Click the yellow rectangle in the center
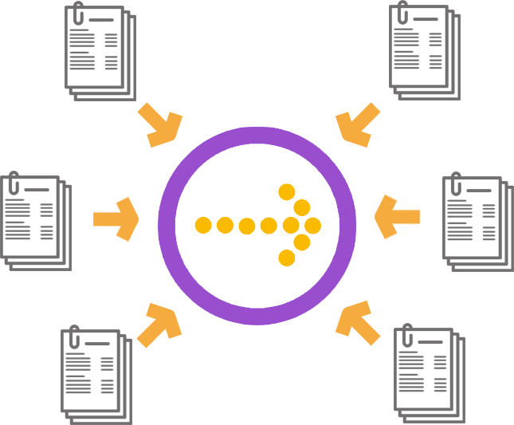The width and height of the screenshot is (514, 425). point(261,225)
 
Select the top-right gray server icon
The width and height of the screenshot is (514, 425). point(426,50)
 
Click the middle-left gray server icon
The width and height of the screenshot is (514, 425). point(33,220)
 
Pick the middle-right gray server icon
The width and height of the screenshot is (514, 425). point(478,221)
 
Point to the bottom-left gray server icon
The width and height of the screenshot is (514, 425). point(96,374)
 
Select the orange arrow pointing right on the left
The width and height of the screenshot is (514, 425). point(117,218)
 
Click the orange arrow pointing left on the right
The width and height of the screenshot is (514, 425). point(396,216)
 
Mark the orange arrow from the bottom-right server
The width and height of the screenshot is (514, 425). point(358,322)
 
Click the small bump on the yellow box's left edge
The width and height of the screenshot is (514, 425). point(200,226)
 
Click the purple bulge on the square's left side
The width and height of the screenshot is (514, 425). point(162,226)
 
